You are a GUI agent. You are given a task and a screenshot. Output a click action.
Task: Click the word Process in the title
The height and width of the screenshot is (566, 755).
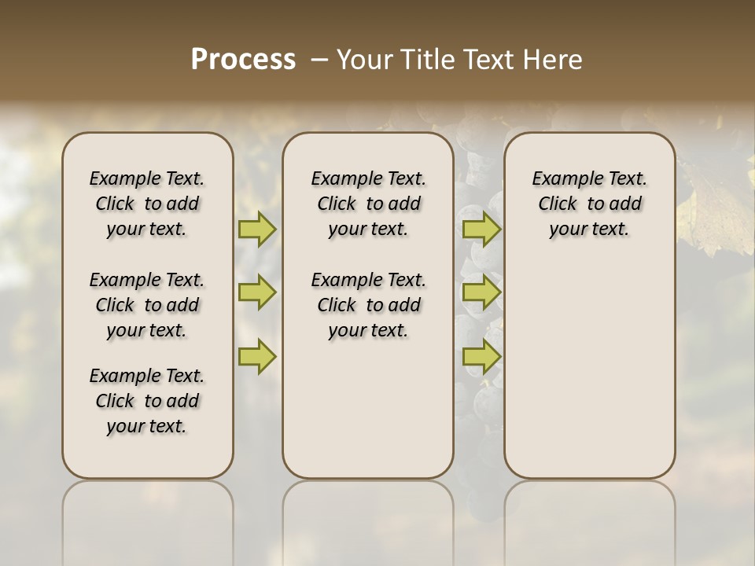click(x=243, y=60)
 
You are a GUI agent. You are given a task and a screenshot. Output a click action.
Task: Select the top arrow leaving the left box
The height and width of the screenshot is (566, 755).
click(x=257, y=229)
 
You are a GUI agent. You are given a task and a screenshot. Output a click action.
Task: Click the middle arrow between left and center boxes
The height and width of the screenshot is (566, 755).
click(x=257, y=293)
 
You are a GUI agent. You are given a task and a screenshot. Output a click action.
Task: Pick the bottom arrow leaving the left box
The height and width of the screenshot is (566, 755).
click(x=257, y=357)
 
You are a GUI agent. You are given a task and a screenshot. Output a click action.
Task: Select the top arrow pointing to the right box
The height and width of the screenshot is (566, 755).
click(x=481, y=229)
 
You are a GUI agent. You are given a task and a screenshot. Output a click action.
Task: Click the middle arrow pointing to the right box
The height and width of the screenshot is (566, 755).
click(x=481, y=293)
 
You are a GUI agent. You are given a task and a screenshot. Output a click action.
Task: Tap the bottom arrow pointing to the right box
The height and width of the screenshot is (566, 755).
click(x=481, y=357)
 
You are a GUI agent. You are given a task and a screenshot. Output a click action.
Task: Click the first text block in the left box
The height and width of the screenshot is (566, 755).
click(x=147, y=204)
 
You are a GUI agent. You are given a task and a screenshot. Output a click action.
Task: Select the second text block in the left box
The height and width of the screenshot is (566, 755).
click(x=147, y=305)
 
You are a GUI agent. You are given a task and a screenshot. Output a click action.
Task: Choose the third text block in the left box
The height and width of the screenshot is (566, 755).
click(x=147, y=401)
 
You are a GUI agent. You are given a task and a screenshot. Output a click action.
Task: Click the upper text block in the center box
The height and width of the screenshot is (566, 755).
click(x=368, y=204)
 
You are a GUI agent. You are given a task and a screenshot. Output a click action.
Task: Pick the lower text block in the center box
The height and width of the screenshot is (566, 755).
click(x=368, y=305)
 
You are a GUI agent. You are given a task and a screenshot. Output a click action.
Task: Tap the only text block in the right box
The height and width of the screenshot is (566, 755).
click(x=589, y=204)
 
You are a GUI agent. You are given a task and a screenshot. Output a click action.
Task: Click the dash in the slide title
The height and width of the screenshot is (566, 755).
click(x=320, y=60)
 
